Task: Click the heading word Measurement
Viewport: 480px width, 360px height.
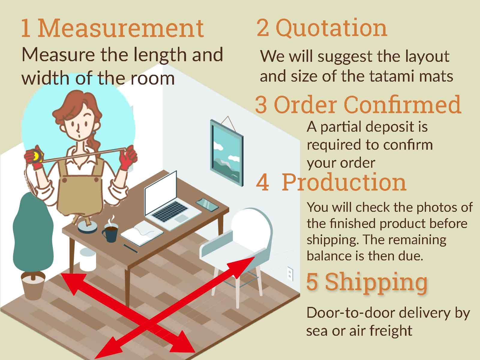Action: [x=121, y=28]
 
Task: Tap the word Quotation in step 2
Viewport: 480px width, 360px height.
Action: [x=331, y=28]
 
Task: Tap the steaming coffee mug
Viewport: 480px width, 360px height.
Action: [x=110, y=232]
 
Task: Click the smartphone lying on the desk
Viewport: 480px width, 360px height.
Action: [x=207, y=205]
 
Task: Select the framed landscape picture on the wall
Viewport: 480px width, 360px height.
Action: [x=226, y=151]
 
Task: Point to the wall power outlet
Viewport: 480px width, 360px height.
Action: [x=290, y=273]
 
